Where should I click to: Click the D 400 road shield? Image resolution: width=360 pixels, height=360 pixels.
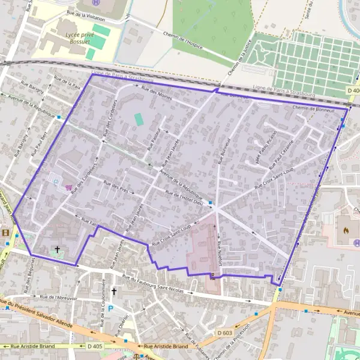[x=353, y=91]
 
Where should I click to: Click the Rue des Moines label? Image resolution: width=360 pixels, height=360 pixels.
[x=157, y=94]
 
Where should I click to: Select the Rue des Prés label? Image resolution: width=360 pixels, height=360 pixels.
[x=117, y=187]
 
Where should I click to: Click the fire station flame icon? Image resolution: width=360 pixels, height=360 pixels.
[x=347, y=229]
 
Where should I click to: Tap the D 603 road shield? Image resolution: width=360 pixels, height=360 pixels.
[x=224, y=332]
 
